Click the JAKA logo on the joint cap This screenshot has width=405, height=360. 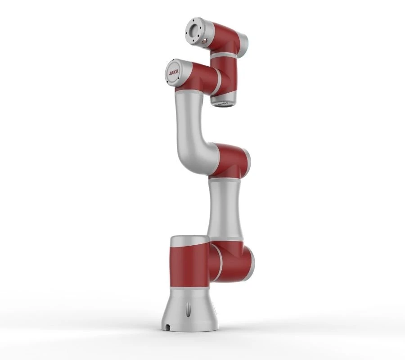(x=173, y=72)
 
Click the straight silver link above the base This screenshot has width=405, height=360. (x=225, y=209)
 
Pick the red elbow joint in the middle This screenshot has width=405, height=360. (x=229, y=160)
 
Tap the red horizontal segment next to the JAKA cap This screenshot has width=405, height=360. (x=202, y=79)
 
